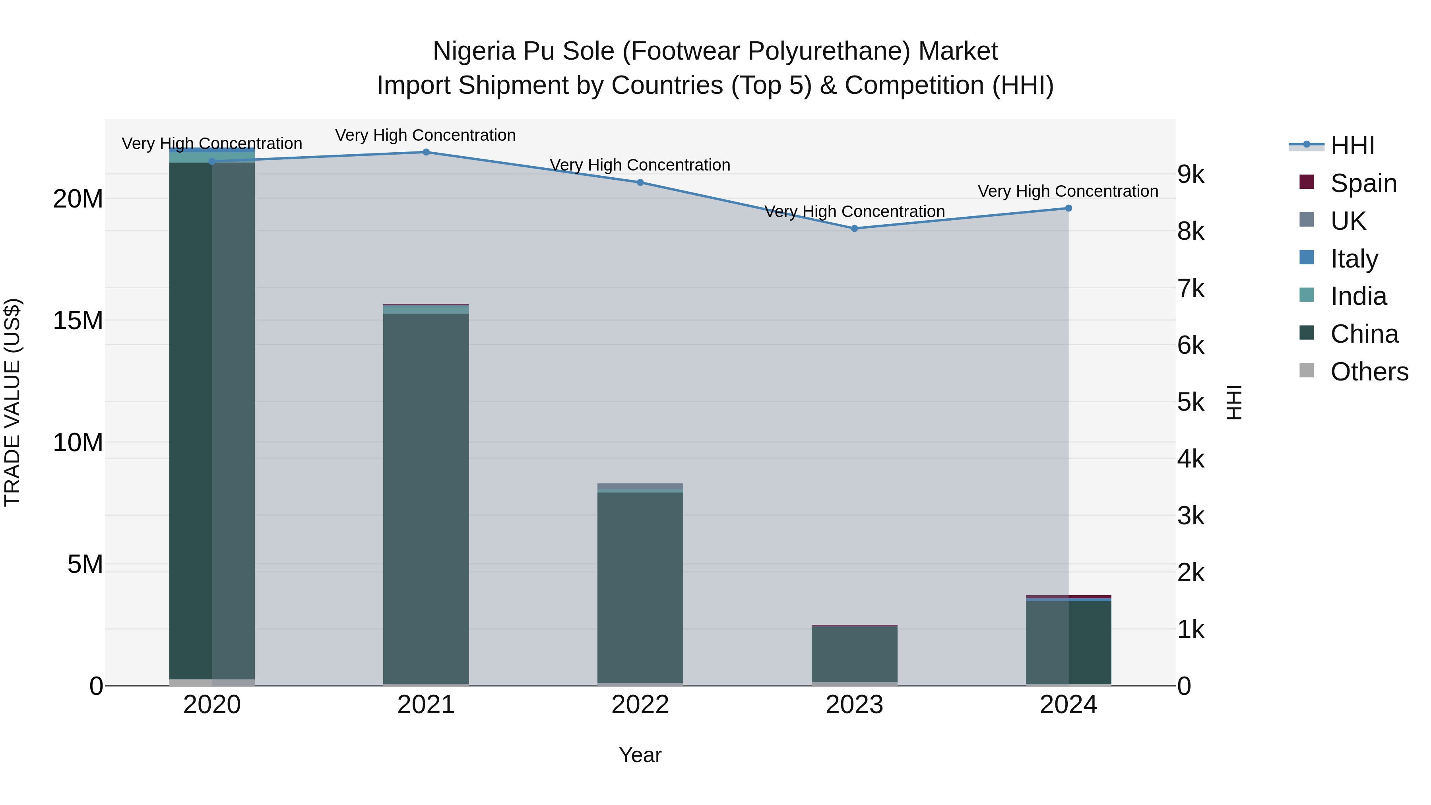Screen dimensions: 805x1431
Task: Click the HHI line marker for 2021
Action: [426, 152]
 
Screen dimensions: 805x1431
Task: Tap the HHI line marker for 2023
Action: [854, 228]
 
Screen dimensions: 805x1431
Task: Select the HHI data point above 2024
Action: [1068, 208]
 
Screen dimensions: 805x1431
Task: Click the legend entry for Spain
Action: [1363, 183]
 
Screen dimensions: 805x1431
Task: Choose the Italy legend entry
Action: [1354, 259]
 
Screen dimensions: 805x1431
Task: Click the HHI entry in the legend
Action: [1352, 145]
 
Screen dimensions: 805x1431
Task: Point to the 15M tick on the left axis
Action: [78, 320]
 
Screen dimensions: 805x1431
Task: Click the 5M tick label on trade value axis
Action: [85, 564]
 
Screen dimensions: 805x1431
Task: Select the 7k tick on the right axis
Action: [1191, 289]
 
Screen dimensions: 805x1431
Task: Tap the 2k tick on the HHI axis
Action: [1191, 573]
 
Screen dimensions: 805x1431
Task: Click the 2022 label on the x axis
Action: [640, 705]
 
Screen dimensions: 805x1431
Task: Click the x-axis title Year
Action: [640, 755]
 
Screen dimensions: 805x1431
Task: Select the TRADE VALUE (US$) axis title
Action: [12, 402]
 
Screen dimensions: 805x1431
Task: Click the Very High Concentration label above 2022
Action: [640, 165]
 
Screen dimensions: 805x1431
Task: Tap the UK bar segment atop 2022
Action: [640, 486]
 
